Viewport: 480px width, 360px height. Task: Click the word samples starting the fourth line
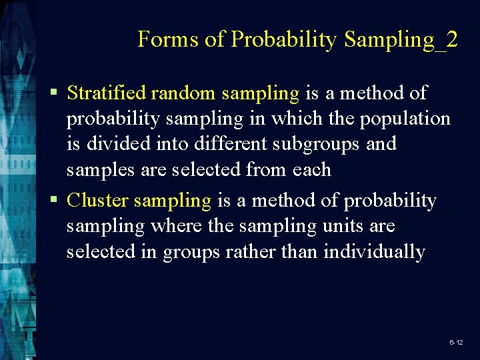(x=99, y=170)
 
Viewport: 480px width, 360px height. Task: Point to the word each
(x=311, y=170)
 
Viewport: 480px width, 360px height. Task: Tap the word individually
(x=374, y=252)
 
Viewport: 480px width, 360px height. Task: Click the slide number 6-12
(x=456, y=342)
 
